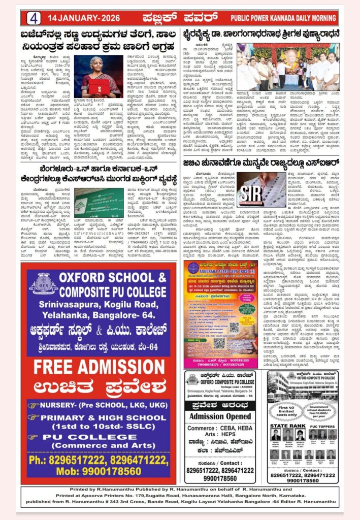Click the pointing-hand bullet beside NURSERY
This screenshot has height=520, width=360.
point(34,406)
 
